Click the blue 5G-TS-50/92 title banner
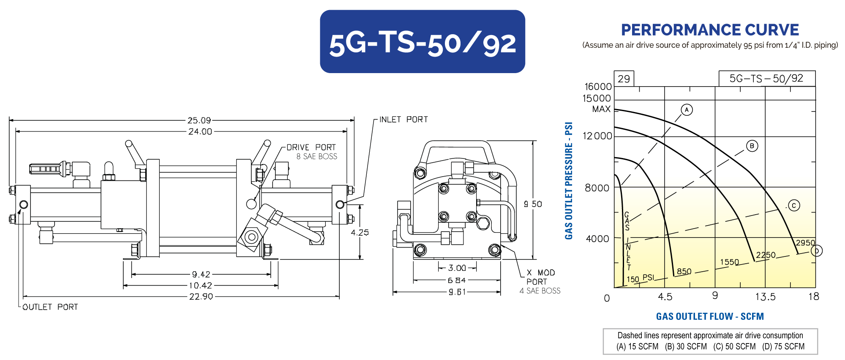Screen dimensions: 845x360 tap(422, 41)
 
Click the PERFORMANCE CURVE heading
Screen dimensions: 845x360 tap(710, 30)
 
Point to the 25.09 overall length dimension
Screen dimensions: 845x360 tap(199, 120)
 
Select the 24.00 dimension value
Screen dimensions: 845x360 tap(200, 131)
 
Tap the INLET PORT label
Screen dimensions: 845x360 tap(403, 120)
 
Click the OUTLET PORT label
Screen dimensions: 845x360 tap(50, 307)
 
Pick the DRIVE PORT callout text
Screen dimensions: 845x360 tap(311, 147)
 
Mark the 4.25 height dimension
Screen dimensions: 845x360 tap(360, 232)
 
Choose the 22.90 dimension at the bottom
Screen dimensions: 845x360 tap(201, 297)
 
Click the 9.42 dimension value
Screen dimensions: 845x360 tap(201, 274)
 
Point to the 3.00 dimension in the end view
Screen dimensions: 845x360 tap(457, 268)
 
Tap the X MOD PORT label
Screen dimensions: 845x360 tap(540, 277)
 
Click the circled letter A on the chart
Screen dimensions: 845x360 tap(687, 110)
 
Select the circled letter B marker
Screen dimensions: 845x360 tap(752, 146)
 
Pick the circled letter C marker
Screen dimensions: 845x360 tap(794, 206)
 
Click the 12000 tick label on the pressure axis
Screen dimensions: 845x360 tap(597, 136)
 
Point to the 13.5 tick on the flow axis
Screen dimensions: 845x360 tap(765, 297)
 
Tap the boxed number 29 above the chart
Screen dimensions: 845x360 tap(624, 79)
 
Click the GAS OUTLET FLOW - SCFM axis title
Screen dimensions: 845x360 tap(710, 316)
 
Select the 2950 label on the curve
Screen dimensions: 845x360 tap(805, 243)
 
